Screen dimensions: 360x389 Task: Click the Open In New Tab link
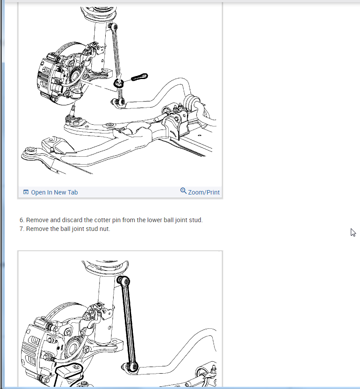[x=54, y=192]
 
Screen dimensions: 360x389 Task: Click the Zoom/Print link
[x=203, y=192]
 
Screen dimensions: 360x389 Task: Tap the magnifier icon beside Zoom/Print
[x=183, y=191]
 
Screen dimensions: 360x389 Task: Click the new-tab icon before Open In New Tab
[x=26, y=192]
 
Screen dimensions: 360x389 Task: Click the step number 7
[x=22, y=229]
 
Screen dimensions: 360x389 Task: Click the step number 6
[x=22, y=220]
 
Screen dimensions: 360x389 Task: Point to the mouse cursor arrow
[x=353, y=232]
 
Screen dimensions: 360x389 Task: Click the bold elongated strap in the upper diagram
[x=139, y=77]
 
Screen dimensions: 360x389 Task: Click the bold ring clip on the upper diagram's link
[x=119, y=83]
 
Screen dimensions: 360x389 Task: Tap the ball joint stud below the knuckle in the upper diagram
[x=73, y=108]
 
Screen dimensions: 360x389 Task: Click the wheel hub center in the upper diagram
[x=75, y=75]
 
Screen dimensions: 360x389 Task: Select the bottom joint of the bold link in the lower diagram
[x=131, y=367]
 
